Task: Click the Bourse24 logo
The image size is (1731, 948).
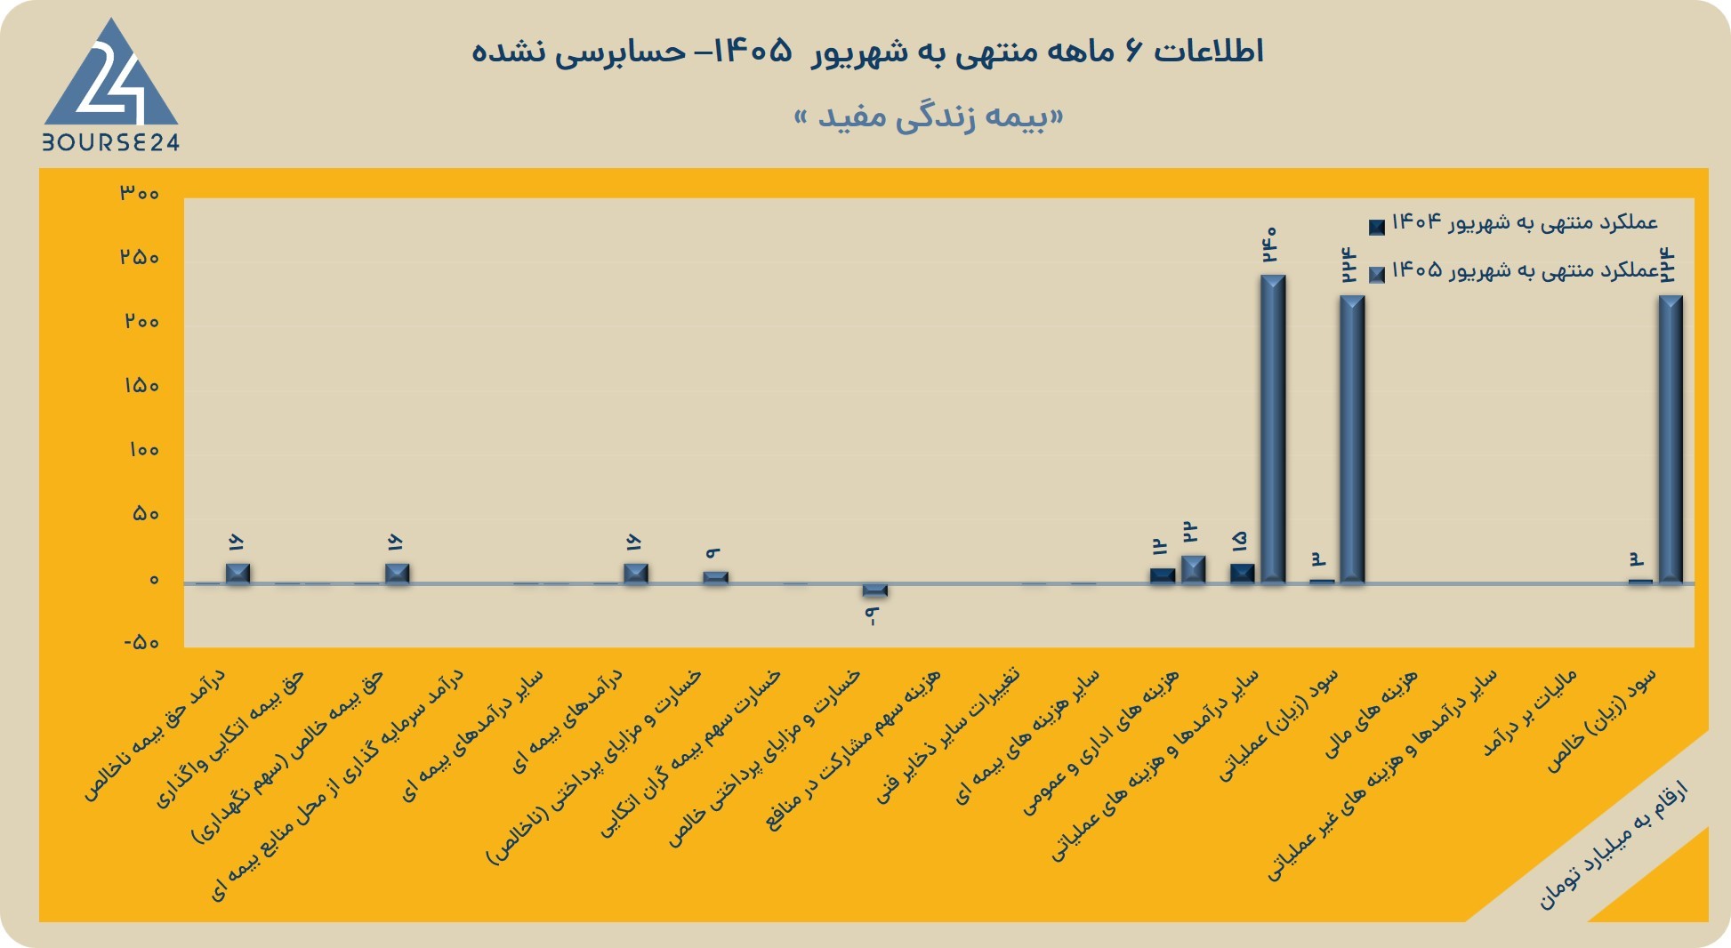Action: [x=111, y=84]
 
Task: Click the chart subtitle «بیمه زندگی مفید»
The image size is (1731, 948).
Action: [x=929, y=117]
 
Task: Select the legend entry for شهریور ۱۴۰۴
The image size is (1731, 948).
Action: [x=1513, y=222]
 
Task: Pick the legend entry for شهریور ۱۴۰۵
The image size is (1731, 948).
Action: [x=1513, y=270]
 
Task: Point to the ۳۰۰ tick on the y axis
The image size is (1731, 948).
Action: [x=140, y=192]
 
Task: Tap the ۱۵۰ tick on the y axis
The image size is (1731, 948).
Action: [x=141, y=386]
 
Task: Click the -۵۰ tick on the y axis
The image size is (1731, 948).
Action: [x=141, y=642]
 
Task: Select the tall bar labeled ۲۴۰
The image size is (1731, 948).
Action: [x=1273, y=429]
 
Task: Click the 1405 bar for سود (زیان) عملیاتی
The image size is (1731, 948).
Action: [x=1352, y=439]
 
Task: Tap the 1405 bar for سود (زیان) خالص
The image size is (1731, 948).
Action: [x=1671, y=439]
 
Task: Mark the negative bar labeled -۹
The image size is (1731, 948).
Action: [x=875, y=590]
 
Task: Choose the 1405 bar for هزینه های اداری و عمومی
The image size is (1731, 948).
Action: [x=1193, y=569]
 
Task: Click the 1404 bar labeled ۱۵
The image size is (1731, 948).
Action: [x=1243, y=574]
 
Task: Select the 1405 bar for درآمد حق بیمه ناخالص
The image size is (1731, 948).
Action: [x=238, y=574]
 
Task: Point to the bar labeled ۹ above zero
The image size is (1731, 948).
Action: [x=715, y=577]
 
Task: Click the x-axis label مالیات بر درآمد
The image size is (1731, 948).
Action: [x=1530, y=713]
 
